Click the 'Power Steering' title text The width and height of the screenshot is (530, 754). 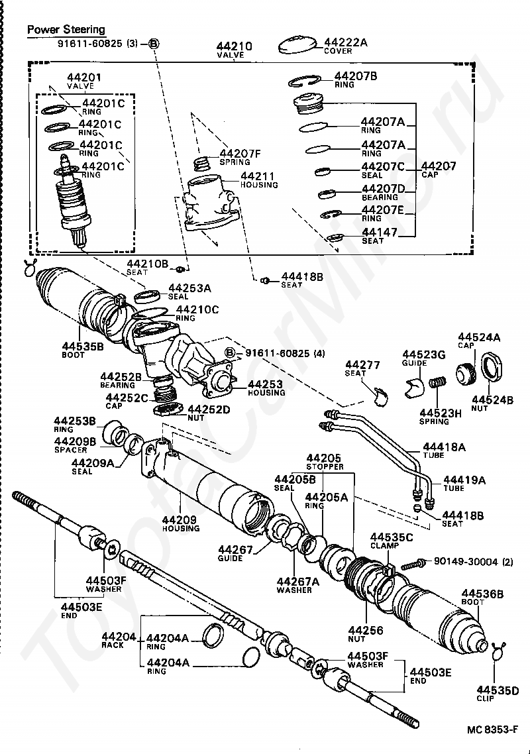click(66, 30)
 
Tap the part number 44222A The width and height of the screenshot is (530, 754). click(346, 42)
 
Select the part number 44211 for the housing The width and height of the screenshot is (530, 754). click(259, 176)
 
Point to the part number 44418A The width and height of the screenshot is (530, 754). click(443, 447)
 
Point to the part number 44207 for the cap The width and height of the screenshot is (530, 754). click(439, 166)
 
